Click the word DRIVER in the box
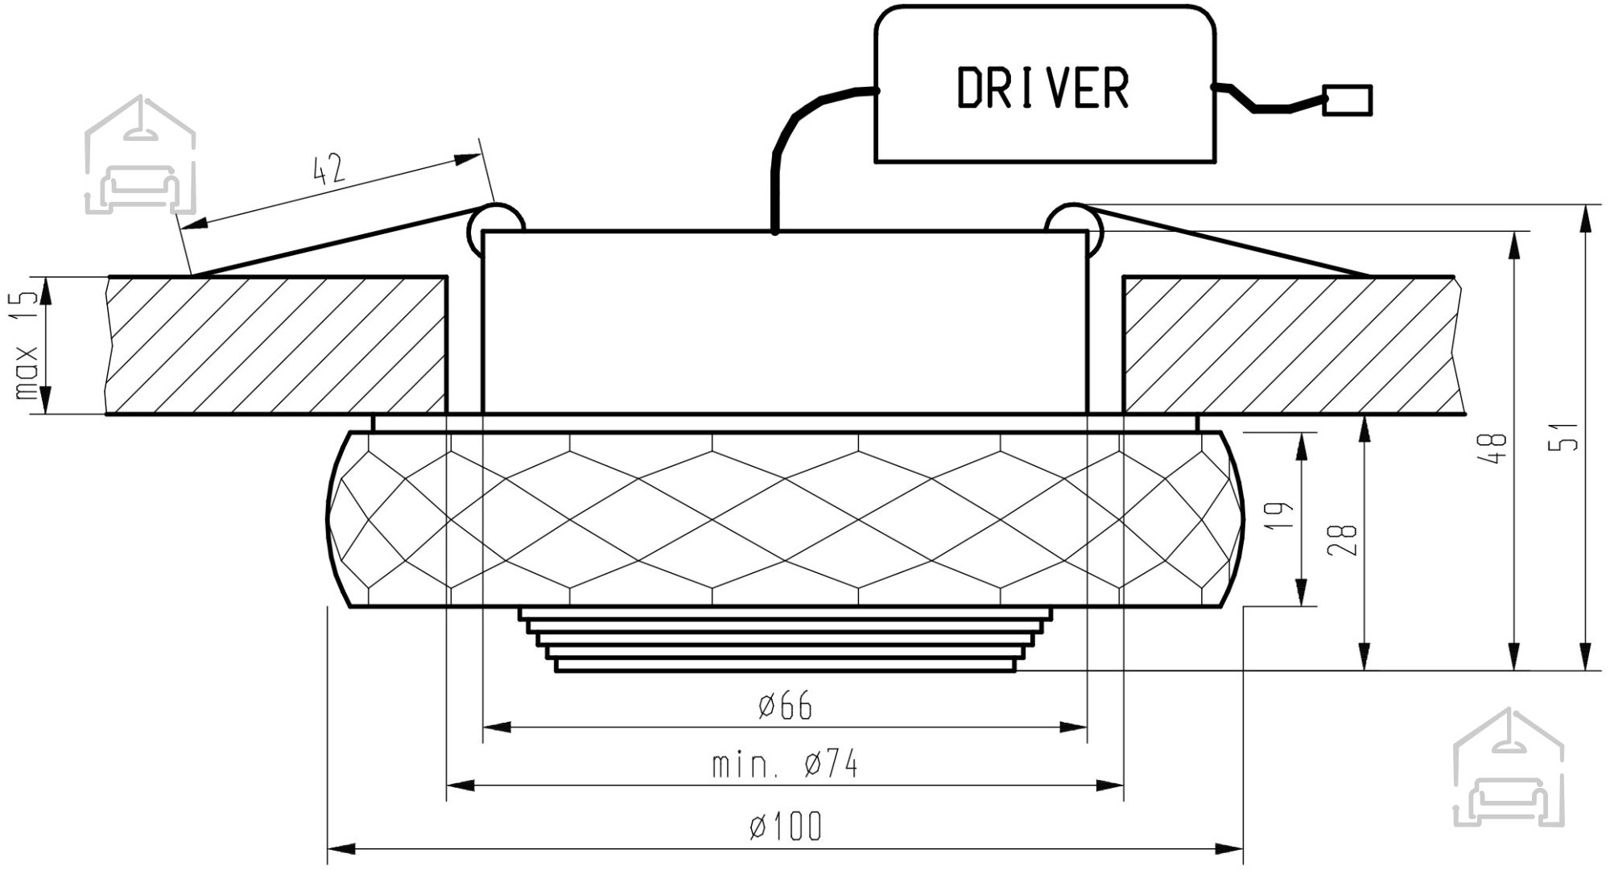[x=1043, y=88]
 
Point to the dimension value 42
[x=328, y=170]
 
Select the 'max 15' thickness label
[x=27, y=346]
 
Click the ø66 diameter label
[x=786, y=707]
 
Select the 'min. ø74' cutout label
[x=785, y=764]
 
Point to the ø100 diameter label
[x=786, y=827]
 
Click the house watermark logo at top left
[x=140, y=155]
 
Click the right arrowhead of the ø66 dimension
[x=1073, y=728]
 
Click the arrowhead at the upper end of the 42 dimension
[x=467, y=159]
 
